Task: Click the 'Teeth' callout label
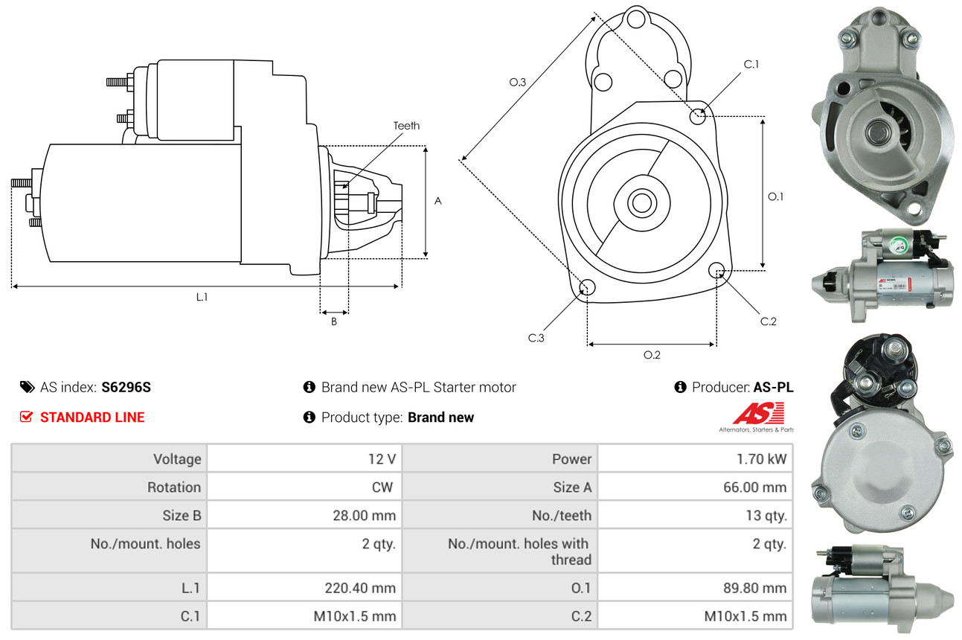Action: coord(406,126)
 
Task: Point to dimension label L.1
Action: coord(202,297)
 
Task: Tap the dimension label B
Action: coord(334,321)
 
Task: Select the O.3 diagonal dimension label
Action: coord(518,83)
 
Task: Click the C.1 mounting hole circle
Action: coord(698,116)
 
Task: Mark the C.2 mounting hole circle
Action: coord(717,270)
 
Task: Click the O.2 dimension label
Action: coord(652,355)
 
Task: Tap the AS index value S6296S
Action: coord(126,387)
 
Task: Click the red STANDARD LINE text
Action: coord(92,417)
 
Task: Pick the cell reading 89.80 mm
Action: coord(757,588)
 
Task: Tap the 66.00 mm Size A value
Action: coord(757,487)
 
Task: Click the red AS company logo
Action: coord(758,415)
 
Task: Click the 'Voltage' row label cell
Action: coord(177,459)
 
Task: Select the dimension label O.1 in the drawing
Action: coord(776,196)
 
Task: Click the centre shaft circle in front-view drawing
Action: coord(639,202)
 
